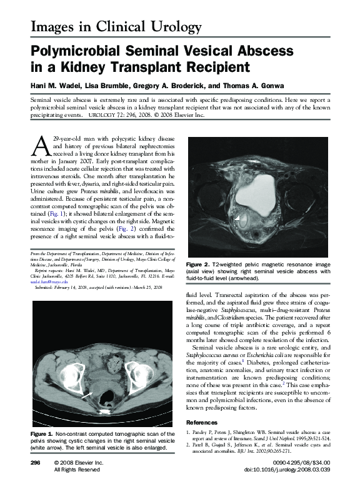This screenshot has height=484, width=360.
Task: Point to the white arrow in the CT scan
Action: (92, 394)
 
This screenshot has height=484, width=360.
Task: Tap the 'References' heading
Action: (202, 423)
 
